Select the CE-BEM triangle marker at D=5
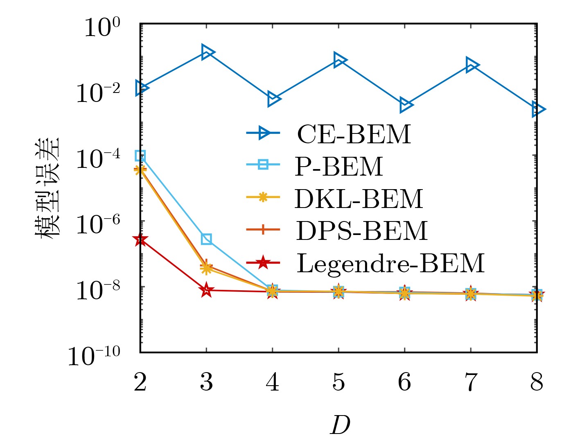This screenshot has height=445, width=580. [339, 60]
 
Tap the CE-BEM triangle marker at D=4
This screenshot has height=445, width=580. [273, 99]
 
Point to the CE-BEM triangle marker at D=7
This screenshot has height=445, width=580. [472, 65]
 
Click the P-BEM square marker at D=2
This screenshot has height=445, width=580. [140, 156]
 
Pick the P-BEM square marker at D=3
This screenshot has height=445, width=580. [207, 239]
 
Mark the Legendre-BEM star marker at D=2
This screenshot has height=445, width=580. [140, 240]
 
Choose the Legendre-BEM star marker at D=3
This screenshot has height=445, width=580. [207, 290]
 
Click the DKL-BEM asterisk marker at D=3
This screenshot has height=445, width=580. [207, 269]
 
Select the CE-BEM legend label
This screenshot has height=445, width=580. [354, 134]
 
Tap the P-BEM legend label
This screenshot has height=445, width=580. [339, 166]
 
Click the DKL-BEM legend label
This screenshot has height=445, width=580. [359, 199]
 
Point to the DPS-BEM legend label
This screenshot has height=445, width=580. [362, 230]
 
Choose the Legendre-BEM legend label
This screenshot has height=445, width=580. [390, 263]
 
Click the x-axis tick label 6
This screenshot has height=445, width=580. [405, 382]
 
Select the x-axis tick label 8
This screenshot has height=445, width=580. [537, 382]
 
